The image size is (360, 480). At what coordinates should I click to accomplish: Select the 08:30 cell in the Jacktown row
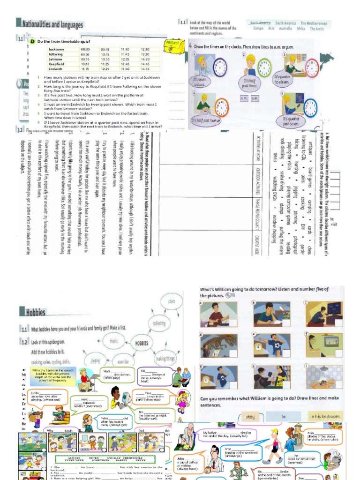coord(85,49)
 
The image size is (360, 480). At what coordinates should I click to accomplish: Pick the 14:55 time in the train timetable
coord(145,69)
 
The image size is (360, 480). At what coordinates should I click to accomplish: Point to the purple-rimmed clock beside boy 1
coord(220,67)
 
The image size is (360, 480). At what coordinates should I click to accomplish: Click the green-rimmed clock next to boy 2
coord(264,67)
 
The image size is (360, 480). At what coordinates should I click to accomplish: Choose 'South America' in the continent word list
coord(285,22)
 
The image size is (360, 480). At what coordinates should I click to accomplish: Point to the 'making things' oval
coord(165,359)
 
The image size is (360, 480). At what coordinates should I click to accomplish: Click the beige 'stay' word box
coord(251,416)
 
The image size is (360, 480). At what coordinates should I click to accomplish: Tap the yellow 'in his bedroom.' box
coord(324,416)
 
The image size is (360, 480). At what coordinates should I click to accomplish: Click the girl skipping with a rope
coord(182,400)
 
